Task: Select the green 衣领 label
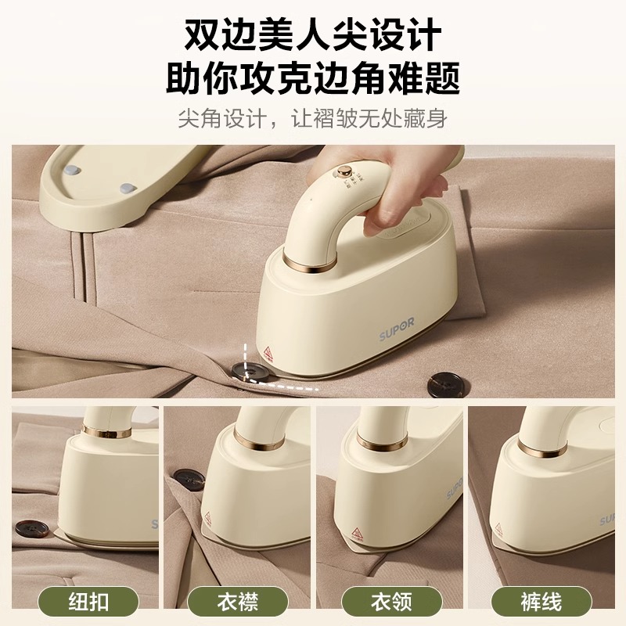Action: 389,602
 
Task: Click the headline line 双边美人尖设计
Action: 313,35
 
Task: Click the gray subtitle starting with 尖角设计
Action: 313,120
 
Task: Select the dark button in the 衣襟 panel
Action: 189,479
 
